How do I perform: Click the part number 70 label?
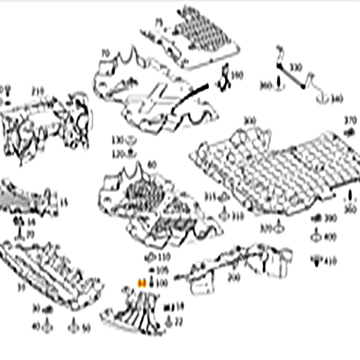click(105, 53)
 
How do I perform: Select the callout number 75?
click(159, 22)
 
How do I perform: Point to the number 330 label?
click(296, 68)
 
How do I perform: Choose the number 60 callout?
click(151, 164)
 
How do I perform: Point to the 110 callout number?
click(163, 256)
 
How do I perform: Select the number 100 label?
click(162, 283)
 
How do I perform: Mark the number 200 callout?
click(233, 277)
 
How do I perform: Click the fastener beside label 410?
click(316, 260)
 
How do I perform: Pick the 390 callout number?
click(331, 218)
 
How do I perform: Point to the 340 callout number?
click(337, 99)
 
